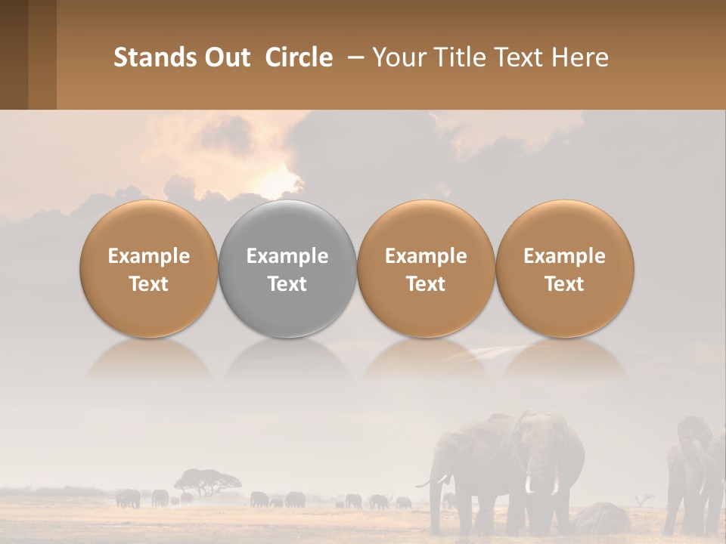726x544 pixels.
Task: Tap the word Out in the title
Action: pyautogui.click(x=225, y=57)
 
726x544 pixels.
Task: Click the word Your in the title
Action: pyautogui.click(x=396, y=57)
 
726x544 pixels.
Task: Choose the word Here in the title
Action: pyautogui.click(x=581, y=57)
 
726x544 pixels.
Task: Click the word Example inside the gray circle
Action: pyautogui.click(x=287, y=256)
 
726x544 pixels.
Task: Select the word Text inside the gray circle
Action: pyautogui.click(x=287, y=284)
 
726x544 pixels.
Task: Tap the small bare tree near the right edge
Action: pyautogui.click(x=645, y=499)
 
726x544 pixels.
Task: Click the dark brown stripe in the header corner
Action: pyautogui.click(x=14, y=54)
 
